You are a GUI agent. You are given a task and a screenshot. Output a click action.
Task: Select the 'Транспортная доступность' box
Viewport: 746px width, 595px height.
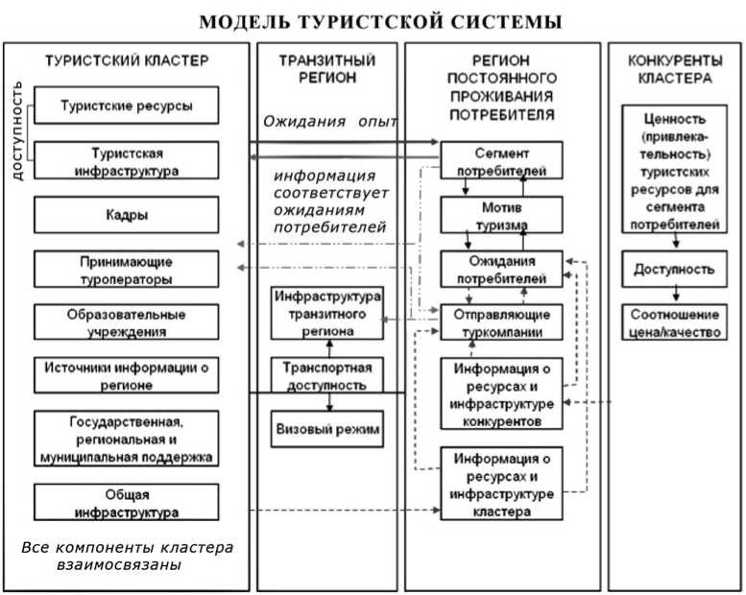(x=327, y=375)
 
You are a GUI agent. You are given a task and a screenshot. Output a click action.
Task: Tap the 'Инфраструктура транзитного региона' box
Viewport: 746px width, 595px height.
(x=327, y=312)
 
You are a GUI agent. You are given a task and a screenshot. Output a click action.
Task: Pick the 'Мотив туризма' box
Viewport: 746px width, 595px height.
(x=501, y=215)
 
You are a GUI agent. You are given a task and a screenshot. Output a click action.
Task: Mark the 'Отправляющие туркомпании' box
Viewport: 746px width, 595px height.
(x=501, y=323)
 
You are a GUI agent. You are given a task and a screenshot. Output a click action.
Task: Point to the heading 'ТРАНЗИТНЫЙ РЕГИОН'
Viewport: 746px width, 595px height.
(x=327, y=68)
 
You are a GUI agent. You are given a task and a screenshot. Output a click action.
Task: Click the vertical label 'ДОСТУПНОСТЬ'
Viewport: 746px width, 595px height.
(x=17, y=130)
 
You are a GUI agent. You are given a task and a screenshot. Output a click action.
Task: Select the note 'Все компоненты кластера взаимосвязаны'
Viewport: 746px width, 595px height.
(x=127, y=556)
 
